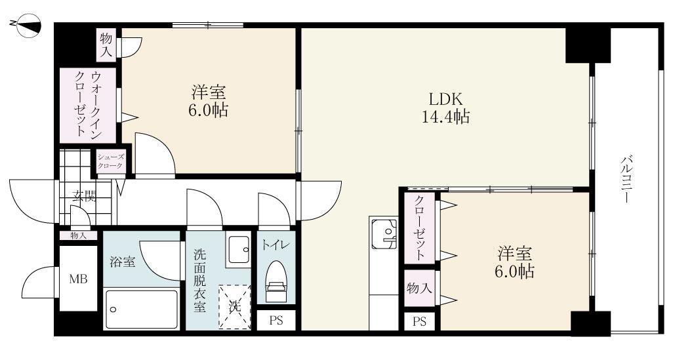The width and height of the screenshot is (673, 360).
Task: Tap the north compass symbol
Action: pos(26,26)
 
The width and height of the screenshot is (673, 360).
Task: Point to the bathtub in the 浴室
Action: pos(141,310)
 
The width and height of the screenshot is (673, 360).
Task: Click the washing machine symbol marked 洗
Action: pos(234,306)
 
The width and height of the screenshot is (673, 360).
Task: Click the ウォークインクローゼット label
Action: pos(87,104)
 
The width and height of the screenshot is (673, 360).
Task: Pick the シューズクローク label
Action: pos(110,161)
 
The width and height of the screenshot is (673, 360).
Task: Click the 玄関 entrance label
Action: pos(83,196)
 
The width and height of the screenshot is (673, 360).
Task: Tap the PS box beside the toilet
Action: pos(275,321)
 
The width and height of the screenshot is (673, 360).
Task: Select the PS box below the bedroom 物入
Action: pos(418,321)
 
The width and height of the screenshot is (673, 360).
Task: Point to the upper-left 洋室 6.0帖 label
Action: pos(209,100)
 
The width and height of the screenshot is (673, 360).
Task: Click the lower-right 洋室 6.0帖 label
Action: pos(514,262)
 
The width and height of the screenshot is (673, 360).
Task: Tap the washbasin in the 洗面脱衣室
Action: pos(237,249)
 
